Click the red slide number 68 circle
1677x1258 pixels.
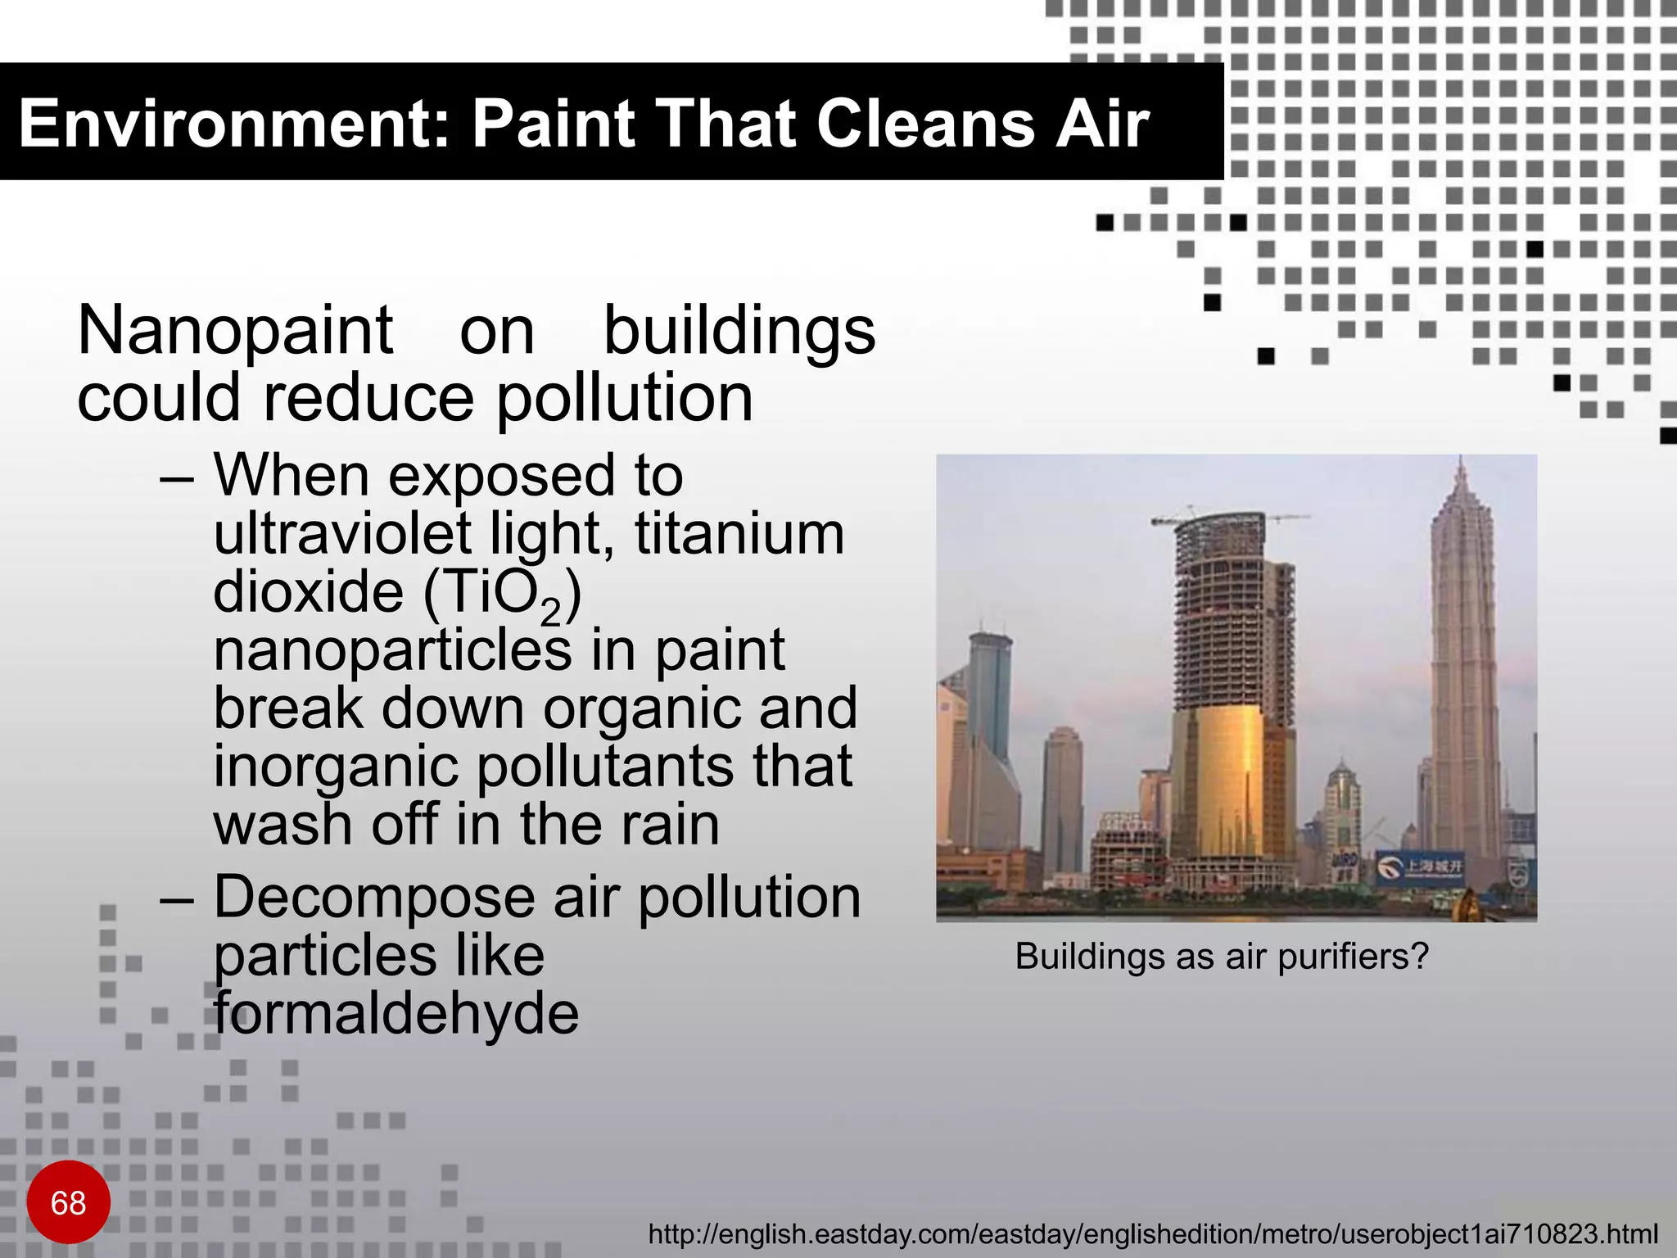tap(68, 1201)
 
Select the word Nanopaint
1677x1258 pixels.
tap(235, 331)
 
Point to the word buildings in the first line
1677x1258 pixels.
tap(739, 331)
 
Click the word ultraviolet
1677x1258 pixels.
tap(342, 533)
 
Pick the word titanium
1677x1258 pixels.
tap(739, 533)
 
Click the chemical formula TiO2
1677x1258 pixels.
tap(502, 594)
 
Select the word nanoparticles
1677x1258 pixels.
tap(392, 649)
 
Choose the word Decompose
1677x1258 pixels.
tap(373, 897)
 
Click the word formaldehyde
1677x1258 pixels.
tap(396, 1014)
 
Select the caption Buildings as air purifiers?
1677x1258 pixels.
tap(1221, 956)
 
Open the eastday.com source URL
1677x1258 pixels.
tap(1152, 1233)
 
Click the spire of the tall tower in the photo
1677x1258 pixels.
tap(1462, 475)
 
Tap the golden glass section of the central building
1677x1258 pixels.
tap(1218, 778)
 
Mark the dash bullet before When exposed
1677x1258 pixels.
tap(177, 477)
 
